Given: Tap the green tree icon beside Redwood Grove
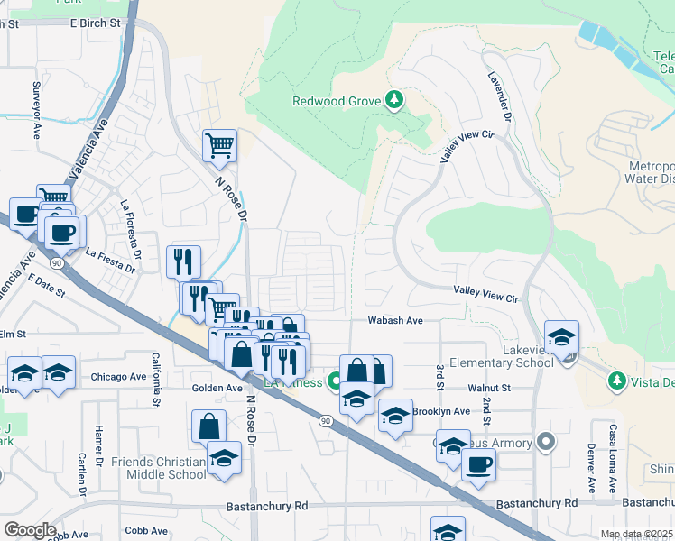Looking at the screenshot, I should point(393,100).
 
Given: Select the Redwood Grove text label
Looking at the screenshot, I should point(336,101).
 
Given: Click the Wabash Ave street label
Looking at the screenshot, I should point(395,320).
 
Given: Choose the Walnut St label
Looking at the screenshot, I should point(489,387).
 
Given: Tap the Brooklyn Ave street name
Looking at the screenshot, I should point(441,411).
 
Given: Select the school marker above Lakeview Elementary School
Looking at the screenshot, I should point(561,337).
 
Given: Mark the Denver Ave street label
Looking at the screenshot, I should point(591,470).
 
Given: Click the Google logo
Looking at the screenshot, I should point(29,530).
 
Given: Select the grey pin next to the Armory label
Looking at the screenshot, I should point(545,443).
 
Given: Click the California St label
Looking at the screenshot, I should point(155,377).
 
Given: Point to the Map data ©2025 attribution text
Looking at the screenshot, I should point(636,534).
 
